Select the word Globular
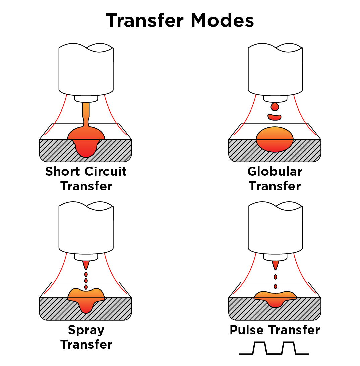tap(275, 171)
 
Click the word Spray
tap(86, 330)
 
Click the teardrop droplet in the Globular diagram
tap(275, 107)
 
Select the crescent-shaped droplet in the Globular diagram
tap(275, 117)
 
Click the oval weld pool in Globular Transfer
tap(275, 139)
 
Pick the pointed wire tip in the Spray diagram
tap(86, 265)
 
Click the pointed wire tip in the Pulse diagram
tap(275, 265)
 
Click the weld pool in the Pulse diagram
tap(275, 299)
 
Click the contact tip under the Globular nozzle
tap(275, 99)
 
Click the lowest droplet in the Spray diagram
tap(86, 287)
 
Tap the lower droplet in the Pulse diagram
tap(275, 286)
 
